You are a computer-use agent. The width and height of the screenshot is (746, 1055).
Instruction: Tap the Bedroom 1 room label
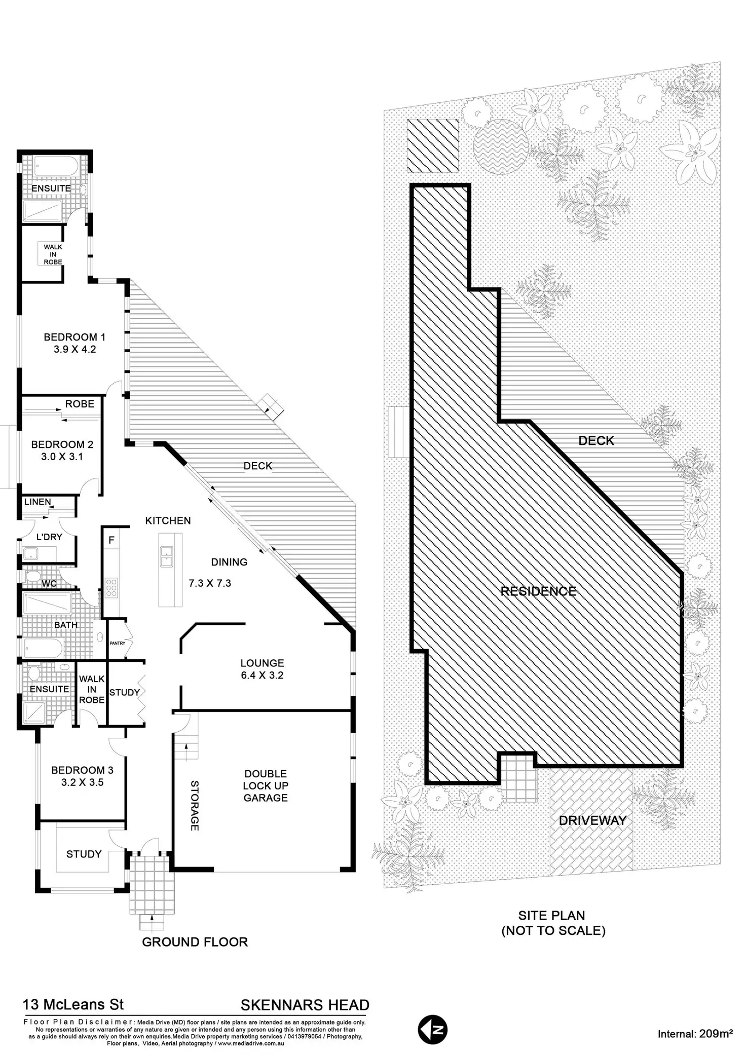pyautogui.click(x=74, y=343)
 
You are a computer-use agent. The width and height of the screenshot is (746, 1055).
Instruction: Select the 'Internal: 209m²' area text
pyautogui.click(x=695, y=1034)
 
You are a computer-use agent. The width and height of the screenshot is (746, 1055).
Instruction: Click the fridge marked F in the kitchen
pyautogui.click(x=111, y=540)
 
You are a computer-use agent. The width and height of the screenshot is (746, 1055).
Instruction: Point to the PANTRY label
pyautogui.click(x=117, y=643)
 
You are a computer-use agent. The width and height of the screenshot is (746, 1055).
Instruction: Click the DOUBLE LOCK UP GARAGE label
pyautogui.click(x=266, y=785)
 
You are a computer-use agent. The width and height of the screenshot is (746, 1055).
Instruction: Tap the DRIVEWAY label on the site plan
pyautogui.click(x=592, y=820)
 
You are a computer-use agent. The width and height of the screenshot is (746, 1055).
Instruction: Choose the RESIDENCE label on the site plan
pyautogui.click(x=538, y=591)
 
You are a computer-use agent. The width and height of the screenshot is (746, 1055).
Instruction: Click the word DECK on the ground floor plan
pyautogui.click(x=258, y=466)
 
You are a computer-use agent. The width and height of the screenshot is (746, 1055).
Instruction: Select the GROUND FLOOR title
pyautogui.click(x=195, y=942)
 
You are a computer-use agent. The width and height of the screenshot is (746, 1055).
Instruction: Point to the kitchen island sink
pyautogui.click(x=166, y=556)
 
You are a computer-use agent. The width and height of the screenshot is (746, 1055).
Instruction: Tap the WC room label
pyautogui.click(x=49, y=584)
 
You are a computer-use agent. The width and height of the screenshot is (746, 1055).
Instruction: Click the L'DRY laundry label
pyautogui.click(x=49, y=537)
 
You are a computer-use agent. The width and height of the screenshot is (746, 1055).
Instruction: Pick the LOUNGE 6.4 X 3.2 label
pyautogui.click(x=262, y=669)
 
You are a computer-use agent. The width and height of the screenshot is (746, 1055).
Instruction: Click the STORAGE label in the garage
pyautogui.click(x=195, y=805)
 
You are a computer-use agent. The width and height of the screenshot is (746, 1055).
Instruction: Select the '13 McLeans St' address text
pyautogui.click(x=73, y=1004)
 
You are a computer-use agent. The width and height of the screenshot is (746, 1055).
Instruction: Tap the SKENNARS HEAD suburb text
pyautogui.click(x=305, y=1005)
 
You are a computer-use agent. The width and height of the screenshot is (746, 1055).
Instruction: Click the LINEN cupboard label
pyautogui.click(x=38, y=502)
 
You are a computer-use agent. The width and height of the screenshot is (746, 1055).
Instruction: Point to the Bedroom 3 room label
pyautogui.click(x=82, y=776)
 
